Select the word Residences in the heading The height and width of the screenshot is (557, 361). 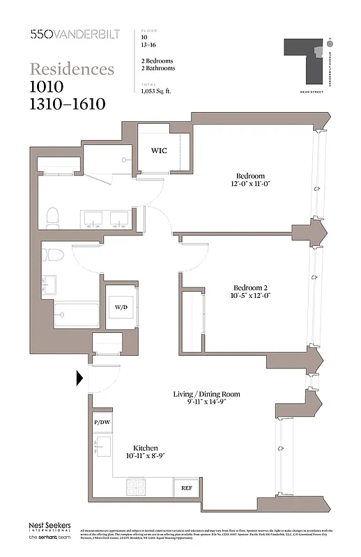72,69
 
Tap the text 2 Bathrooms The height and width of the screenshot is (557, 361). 158,68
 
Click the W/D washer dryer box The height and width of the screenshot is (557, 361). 121,307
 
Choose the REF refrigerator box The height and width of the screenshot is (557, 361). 186,488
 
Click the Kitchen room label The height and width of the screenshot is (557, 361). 145,447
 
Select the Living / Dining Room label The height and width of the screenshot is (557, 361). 206,394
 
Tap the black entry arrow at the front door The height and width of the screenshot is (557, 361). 80,379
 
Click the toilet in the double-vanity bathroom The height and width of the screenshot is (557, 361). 52,218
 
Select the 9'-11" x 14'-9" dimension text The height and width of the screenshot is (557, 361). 206,403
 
